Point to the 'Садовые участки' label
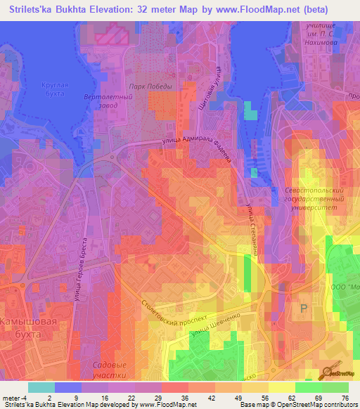point(110,370)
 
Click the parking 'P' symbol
point(304,309)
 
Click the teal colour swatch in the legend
point(41,387)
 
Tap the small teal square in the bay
point(250,110)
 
